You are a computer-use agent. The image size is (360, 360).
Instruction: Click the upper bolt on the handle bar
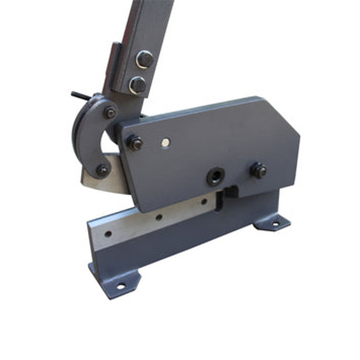tap(145, 59)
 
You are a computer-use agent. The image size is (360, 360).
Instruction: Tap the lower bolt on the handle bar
tap(137, 85)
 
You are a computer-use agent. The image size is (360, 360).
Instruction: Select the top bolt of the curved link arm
tap(110, 112)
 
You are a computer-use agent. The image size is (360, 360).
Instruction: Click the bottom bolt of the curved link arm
tap(103, 170)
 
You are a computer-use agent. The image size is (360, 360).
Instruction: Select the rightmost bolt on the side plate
tap(258, 170)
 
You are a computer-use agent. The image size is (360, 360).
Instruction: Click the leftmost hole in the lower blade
tap(109, 234)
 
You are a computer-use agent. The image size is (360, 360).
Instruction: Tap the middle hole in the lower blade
tap(159, 217)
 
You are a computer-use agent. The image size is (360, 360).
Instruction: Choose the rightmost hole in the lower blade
tap(203, 202)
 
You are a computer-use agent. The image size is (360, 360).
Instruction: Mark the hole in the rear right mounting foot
tap(274, 224)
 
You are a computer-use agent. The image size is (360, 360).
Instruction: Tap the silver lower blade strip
tap(147, 221)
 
